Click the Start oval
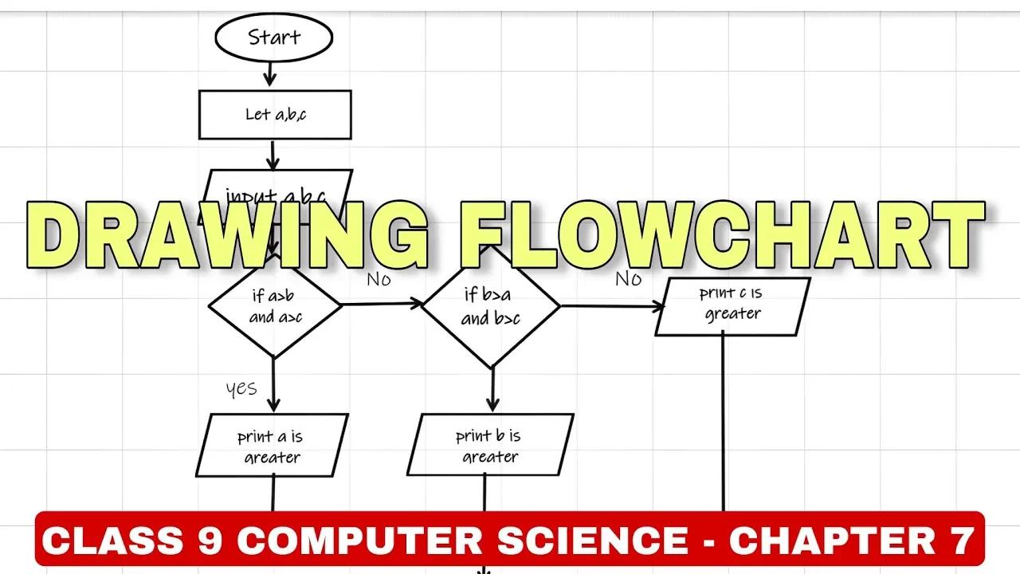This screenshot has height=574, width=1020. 273,37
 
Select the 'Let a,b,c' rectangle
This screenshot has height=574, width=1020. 275,114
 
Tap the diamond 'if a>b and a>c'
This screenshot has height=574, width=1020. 275,305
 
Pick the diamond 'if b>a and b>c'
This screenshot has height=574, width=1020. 491,306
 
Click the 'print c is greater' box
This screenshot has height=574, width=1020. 732,305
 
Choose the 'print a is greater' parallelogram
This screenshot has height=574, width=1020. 272,446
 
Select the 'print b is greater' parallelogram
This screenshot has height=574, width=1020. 490,446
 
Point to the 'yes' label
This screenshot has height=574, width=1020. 241,388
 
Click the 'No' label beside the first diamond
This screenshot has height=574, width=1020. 379,280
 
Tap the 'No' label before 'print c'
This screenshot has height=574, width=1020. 628,278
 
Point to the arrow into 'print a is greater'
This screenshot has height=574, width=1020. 273,386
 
